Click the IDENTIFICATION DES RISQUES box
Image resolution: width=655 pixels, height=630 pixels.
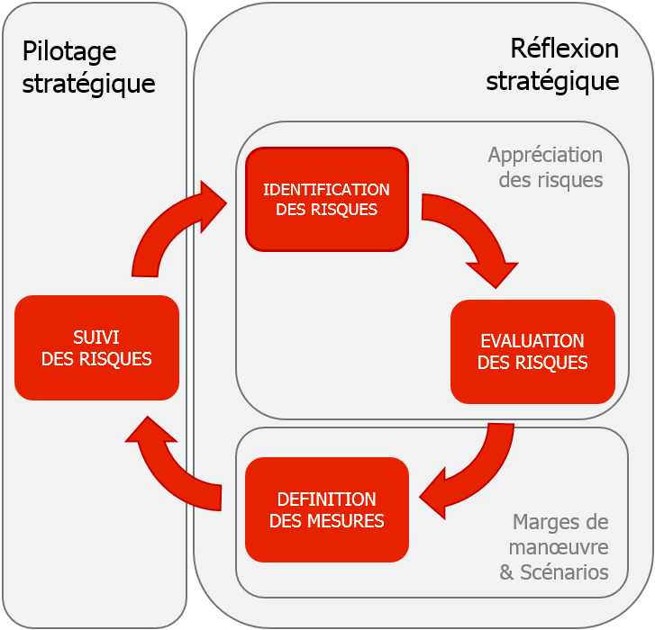(x=326, y=199)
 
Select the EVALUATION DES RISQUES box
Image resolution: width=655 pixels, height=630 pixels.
(x=532, y=352)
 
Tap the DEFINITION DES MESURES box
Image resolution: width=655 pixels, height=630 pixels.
(x=326, y=509)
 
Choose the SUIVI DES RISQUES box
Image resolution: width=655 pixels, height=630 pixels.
(x=96, y=347)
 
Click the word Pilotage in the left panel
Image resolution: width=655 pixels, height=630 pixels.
(x=57, y=52)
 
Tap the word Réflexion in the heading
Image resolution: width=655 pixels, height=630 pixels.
(x=564, y=49)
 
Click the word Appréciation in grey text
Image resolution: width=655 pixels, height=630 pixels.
(x=545, y=155)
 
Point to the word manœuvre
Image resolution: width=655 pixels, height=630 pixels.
(x=559, y=546)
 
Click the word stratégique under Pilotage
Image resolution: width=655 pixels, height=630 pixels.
(x=88, y=84)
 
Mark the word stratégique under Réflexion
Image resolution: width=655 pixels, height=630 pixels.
(x=552, y=81)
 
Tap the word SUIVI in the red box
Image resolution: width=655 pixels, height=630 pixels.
(x=96, y=337)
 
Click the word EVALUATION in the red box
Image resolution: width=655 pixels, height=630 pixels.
(x=532, y=341)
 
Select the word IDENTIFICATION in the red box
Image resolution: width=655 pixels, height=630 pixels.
(x=326, y=189)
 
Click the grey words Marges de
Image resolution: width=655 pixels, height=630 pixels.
(x=559, y=522)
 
